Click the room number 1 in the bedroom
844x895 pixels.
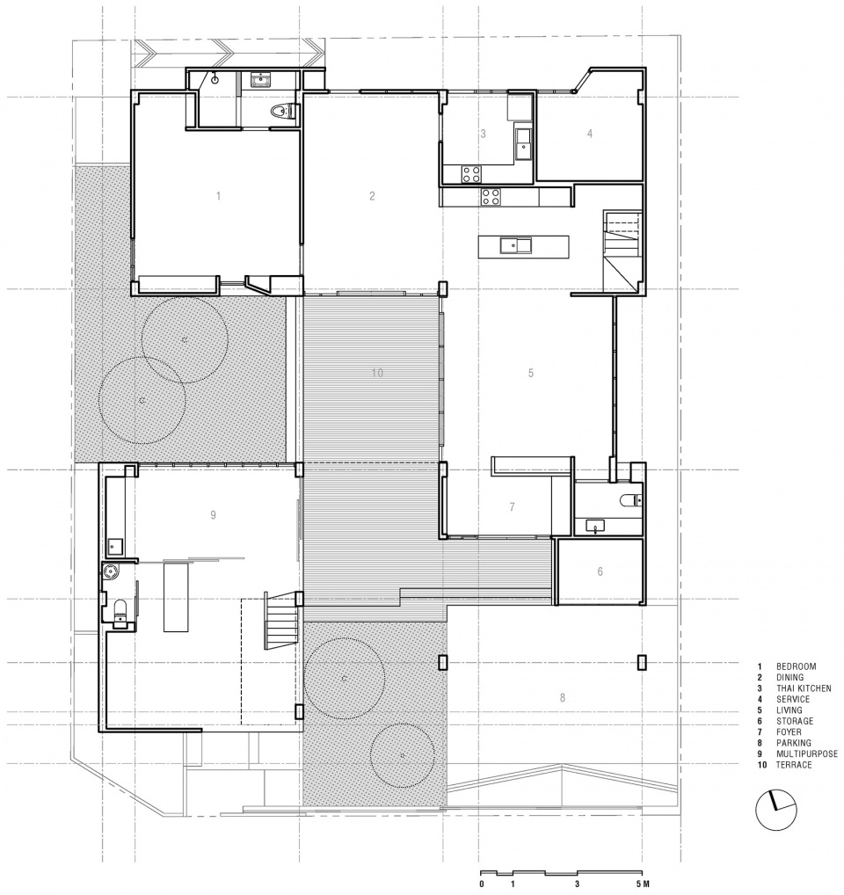(218, 196)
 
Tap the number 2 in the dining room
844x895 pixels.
(372, 196)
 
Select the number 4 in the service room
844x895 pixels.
(590, 134)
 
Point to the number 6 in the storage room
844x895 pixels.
(600, 571)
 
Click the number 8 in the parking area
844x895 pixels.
(563, 697)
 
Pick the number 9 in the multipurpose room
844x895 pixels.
(213, 515)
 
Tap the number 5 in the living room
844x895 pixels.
(531, 374)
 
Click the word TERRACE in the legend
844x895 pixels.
(794, 765)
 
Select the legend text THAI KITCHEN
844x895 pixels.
(804, 688)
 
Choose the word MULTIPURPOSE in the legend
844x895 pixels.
(807, 754)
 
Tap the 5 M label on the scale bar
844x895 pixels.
(644, 884)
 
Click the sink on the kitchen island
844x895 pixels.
(516, 246)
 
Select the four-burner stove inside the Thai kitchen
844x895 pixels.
(471, 174)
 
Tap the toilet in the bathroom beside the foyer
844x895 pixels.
(630, 500)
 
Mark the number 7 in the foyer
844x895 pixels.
(512, 507)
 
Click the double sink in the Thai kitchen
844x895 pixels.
(523, 143)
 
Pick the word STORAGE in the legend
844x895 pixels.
(795, 722)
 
